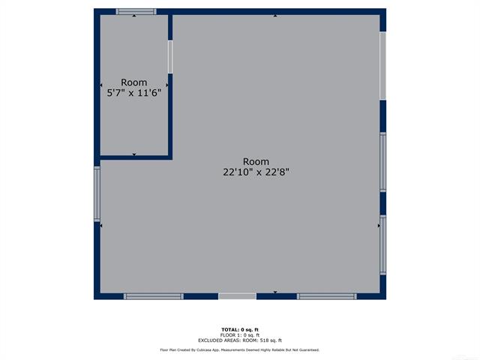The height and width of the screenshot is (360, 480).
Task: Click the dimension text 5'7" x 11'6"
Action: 134,93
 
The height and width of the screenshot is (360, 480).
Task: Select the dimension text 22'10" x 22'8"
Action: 256,172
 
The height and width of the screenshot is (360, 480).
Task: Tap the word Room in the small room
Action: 133,82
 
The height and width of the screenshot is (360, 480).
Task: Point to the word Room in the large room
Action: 256,162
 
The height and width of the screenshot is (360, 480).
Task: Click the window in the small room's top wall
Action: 136,12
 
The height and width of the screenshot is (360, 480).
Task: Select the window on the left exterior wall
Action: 97,193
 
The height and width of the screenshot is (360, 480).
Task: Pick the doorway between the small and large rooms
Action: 170,57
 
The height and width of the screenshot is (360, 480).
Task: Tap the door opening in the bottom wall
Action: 237,296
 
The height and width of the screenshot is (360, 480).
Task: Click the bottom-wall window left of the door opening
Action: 154,296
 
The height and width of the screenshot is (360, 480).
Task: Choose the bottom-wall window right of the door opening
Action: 327,296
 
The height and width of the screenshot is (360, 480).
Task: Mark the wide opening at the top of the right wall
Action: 383,66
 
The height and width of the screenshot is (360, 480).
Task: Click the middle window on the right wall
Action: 383,162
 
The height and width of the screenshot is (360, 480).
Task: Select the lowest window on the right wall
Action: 383,245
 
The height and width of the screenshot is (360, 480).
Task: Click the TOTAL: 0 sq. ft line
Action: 240,330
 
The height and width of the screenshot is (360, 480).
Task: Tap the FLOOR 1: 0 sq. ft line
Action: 240,335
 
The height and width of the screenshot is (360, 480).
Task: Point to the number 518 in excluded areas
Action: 264,340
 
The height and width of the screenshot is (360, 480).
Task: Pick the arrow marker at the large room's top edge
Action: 275,16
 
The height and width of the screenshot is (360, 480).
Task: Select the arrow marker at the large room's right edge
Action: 379,226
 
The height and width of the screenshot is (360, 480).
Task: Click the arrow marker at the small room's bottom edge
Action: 134,154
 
